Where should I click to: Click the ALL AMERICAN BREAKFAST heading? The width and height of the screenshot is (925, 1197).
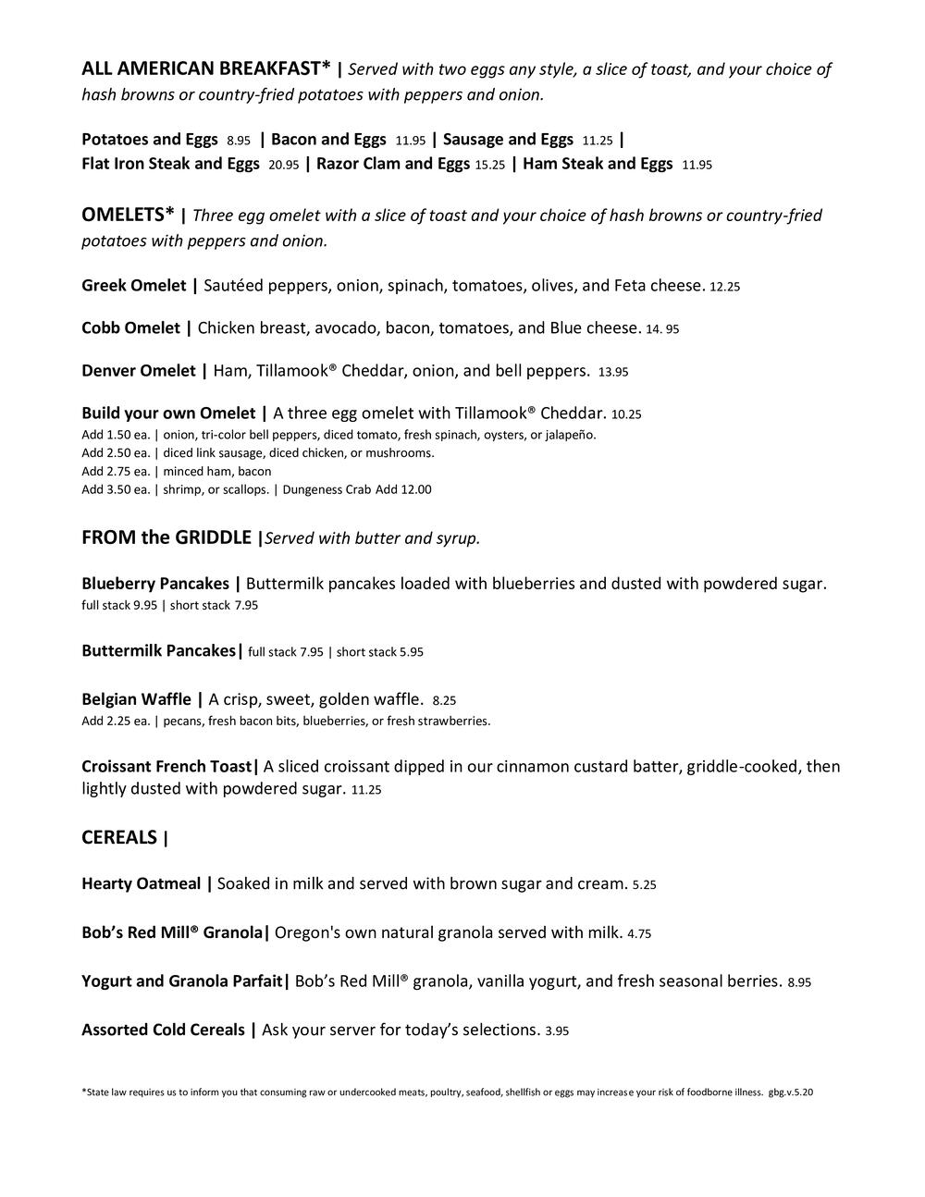coord(205,68)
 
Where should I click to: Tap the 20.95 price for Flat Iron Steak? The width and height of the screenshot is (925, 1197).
coord(283,165)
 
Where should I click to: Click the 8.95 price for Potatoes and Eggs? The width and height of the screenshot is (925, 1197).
coord(239,141)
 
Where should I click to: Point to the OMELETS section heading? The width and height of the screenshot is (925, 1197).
coord(128,215)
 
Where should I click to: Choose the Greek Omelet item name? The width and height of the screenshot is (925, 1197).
coord(133,285)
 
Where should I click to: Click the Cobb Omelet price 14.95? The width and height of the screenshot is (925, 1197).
coord(664,329)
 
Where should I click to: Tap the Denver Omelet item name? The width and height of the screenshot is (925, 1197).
coord(139,371)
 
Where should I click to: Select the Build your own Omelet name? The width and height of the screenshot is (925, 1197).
coord(168,413)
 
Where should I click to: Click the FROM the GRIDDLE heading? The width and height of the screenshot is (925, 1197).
coord(166,537)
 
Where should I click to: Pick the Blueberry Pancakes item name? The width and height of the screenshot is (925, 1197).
coord(155,584)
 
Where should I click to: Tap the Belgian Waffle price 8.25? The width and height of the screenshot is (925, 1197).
coord(444,701)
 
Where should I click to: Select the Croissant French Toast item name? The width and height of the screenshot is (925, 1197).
coord(166,766)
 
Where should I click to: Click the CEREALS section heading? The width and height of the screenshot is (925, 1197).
coord(119,837)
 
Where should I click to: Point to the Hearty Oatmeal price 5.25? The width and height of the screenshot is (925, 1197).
coord(644,885)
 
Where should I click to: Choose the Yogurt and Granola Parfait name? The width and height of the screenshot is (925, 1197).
coord(181,981)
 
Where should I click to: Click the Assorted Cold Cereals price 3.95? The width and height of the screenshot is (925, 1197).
coord(557,1030)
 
